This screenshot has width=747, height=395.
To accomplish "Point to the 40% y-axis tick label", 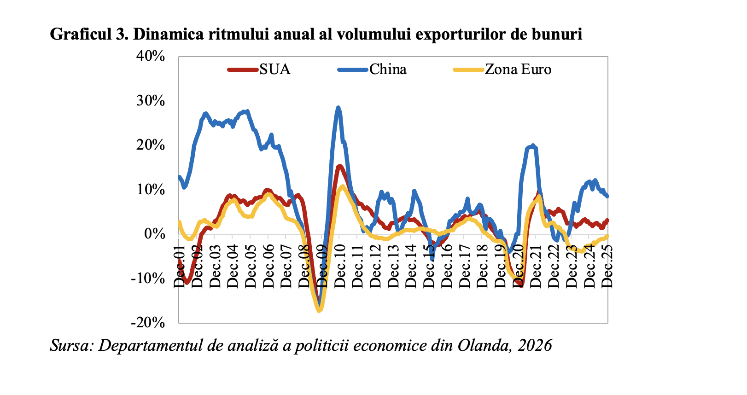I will [x=150, y=56].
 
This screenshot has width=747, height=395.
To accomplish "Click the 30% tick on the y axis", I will [x=150, y=101].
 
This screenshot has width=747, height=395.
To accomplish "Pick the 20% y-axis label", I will [x=150, y=145].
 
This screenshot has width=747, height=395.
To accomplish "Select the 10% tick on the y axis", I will [x=150, y=190].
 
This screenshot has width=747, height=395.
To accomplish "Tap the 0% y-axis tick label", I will [x=154, y=234].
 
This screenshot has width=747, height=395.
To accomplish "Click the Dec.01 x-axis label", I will [x=179, y=267].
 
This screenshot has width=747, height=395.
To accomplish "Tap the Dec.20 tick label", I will [x=519, y=267].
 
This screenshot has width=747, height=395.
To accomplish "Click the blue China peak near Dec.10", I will [x=338, y=108].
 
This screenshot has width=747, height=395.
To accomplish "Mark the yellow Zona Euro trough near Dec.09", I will [x=319, y=310].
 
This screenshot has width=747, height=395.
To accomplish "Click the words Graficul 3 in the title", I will [x=87, y=34].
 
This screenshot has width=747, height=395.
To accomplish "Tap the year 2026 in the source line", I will [x=535, y=345].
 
